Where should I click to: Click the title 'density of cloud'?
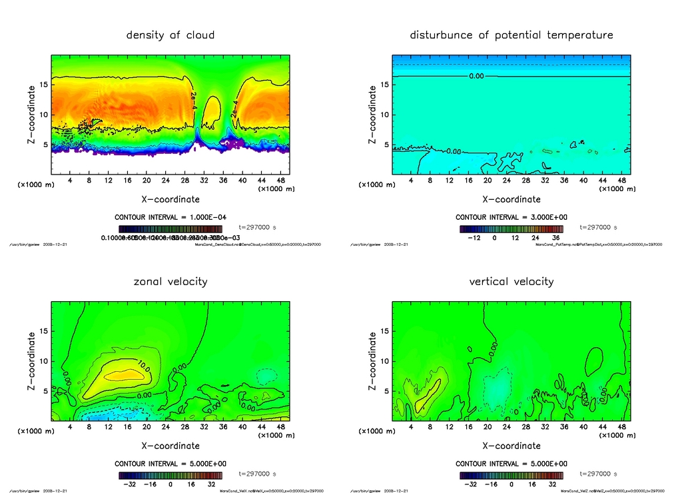coord(170,35)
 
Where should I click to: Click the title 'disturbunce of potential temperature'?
coord(511,35)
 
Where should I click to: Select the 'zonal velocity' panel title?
coord(170,281)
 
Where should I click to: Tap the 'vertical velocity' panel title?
coord(511,281)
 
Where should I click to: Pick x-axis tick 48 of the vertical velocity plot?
coord(621,427)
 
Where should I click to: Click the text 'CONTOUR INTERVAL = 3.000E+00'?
coord(511,217)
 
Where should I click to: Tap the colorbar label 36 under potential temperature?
coord(555,237)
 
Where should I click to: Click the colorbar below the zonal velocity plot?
coord(170,476)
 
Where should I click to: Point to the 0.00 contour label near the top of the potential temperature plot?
coord(476,77)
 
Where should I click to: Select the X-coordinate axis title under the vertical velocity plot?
coord(511,446)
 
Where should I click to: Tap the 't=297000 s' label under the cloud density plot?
coord(257,227)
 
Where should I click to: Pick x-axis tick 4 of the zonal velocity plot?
coord(70,427)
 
